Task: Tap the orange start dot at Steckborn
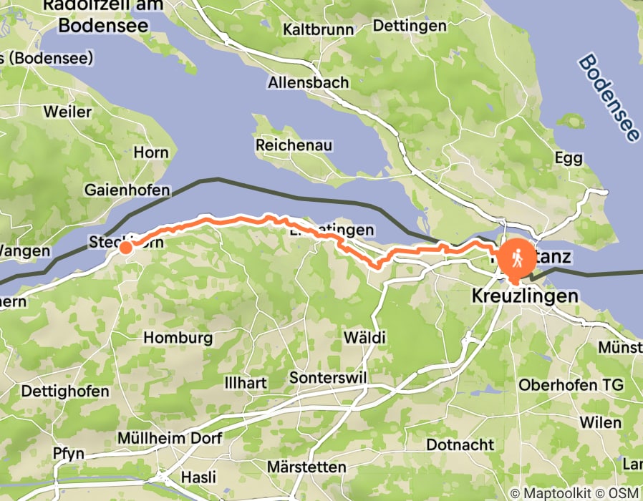click(x=125, y=248)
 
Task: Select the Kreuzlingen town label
click(x=525, y=295)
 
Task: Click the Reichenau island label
click(x=294, y=145)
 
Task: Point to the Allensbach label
click(x=309, y=82)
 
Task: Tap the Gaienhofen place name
click(x=127, y=190)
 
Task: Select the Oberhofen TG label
click(x=571, y=384)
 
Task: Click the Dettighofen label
click(x=65, y=391)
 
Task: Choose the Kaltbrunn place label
click(x=319, y=29)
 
